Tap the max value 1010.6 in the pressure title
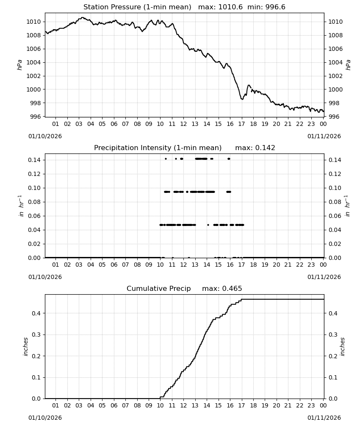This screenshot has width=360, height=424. tap(230, 7)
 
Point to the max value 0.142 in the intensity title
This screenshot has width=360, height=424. tap(265, 148)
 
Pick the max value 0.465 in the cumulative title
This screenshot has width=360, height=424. tap(232, 288)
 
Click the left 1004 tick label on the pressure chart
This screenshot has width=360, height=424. tap(33, 62)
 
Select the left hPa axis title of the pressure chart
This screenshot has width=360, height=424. tap(19, 65)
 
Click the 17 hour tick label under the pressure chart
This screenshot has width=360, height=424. tap(241, 124)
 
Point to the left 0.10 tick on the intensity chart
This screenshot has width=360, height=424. tap(34, 188)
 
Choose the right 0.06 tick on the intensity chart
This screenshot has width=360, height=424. tap(335, 216)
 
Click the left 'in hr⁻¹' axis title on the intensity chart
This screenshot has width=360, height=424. tap(21, 206)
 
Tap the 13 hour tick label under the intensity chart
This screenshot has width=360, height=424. tap(195, 265)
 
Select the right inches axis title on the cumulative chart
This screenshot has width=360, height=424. tap(342, 347)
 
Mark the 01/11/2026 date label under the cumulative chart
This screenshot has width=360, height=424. tap(324, 418)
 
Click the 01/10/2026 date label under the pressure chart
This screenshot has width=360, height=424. tap(45, 136)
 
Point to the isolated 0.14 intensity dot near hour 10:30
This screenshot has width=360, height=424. tap(166, 159)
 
